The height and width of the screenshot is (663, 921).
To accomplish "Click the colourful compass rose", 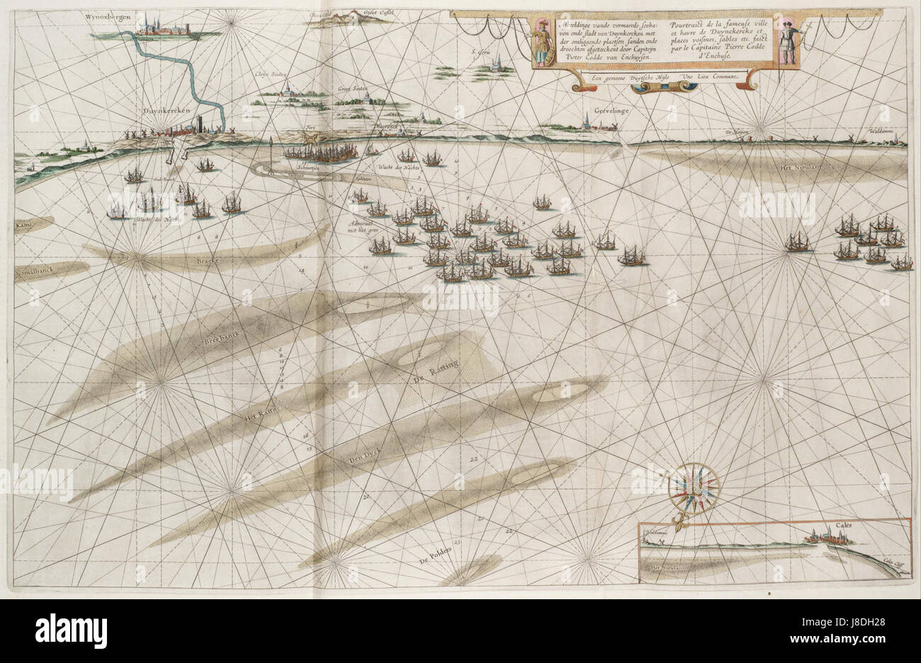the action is [694, 487].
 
